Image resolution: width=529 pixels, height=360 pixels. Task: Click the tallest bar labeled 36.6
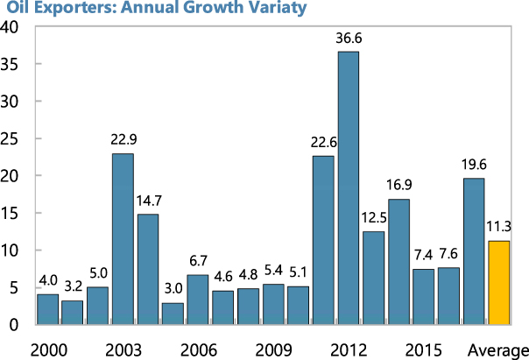tap(349, 187)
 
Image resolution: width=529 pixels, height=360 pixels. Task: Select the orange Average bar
tap(499, 282)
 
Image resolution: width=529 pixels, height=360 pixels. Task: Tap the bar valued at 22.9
tap(123, 238)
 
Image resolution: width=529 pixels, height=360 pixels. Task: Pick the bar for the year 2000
tap(47, 309)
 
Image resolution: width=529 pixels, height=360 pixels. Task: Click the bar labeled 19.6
tap(474, 251)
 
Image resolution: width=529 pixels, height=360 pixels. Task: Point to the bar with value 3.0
tap(173, 314)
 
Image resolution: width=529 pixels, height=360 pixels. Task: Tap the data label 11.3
tap(499, 227)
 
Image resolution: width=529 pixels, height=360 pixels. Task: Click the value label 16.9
tap(399, 186)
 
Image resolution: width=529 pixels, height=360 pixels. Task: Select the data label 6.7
tap(198, 261)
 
